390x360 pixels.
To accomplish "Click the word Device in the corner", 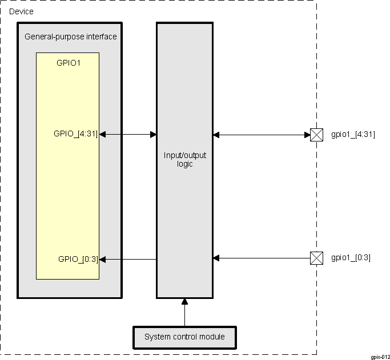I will [x=21, y=11].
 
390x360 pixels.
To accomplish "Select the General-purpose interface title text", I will [x=71, y=37].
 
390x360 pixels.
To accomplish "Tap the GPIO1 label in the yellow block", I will [x=69, y=63].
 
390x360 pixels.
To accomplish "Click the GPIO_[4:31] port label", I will [x=75, y=134].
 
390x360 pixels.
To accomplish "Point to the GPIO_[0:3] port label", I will [x=78, y=258].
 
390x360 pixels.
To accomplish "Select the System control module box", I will [x=184, y=337].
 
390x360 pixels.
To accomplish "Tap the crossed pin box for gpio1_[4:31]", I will [x=316, y=135].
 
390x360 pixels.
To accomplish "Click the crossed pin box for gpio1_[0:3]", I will [x=316, y=258].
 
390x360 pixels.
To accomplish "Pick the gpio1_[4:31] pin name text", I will [x=353, y=135].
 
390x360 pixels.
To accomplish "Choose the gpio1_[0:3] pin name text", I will [x=351, y=258].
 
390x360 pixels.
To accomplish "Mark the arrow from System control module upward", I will [x=184, y=312].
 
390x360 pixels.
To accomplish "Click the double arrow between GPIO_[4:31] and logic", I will [x=128, y=134].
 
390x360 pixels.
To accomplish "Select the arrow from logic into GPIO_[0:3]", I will [x=128, y=259].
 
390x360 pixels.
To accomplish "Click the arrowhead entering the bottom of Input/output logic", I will [x=184, y=301].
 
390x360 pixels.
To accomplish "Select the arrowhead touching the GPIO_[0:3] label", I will [x=103, y=259].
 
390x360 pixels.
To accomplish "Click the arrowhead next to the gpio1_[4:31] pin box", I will [x=307, y=135].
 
